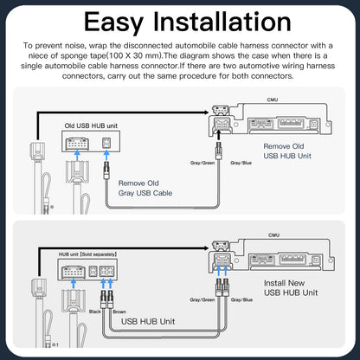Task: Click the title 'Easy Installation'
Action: pos(179,20)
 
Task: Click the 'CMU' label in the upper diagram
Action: pos(273,100)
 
